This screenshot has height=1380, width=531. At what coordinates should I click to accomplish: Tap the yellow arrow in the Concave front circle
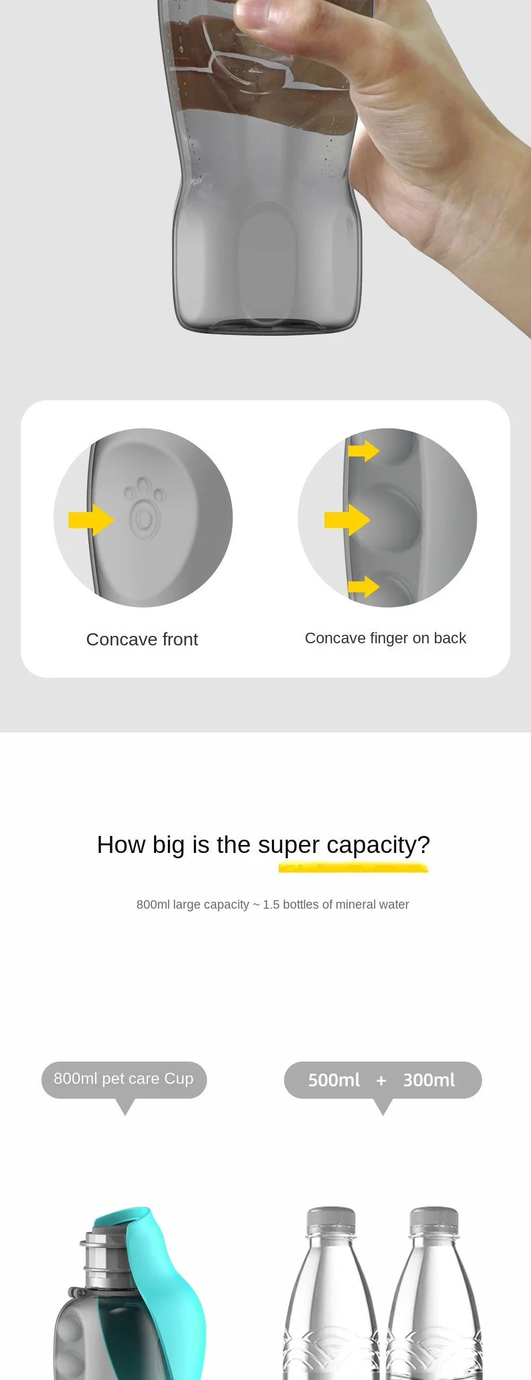tap(91, 520)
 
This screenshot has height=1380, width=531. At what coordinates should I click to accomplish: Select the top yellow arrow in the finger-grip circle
tap(364, 451)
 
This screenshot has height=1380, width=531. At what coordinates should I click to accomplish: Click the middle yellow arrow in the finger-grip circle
tap(347, 520)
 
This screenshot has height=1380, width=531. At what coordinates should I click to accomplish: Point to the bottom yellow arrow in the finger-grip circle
tap(364, 586)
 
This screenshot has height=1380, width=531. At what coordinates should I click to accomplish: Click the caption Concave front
tap(142, 639)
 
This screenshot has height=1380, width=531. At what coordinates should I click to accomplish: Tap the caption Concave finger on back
tap(386, 638)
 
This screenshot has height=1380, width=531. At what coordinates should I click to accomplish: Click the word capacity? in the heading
tap(378, 845)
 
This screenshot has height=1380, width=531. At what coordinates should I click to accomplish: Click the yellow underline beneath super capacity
tap(353, 867)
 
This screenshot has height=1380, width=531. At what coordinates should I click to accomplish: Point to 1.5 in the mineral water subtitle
tap(271, 904)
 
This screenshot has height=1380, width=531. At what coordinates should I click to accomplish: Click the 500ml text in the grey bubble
tap(334, 1080)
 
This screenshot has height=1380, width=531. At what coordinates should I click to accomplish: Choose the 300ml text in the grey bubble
tap(429, 1080)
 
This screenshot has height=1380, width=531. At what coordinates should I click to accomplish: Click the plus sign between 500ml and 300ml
tap(381, 1081)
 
